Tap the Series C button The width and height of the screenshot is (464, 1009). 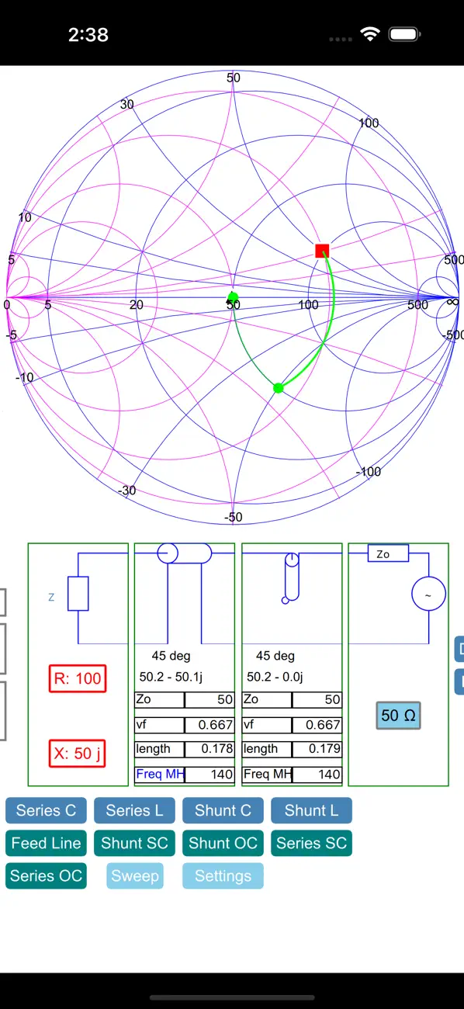click(x=46, y=810)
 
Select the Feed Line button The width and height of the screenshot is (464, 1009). click(x=46, y=843)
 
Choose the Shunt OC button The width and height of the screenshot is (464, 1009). click(x=223, y=843)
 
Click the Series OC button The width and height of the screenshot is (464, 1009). click(x=46, y=876)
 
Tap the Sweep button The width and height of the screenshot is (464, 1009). click(x=135, y=876)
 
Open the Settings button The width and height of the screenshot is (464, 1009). click(x=223, y=876)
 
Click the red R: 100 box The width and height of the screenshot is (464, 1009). click(x=78, y=678)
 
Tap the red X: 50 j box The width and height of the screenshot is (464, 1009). click(x=77, y=753)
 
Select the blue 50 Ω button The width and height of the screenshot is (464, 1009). click(x=398, y=716)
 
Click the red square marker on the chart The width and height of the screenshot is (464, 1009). click(x=322, y=251)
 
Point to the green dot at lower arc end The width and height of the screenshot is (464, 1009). click(x=279, y=388)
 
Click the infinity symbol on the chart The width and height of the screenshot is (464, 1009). click(x=452, y=302)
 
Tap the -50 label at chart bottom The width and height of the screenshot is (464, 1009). click(x=234, y=517)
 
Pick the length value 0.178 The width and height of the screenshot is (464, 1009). click(x=216, y=749)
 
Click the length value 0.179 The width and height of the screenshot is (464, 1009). click(x=324, y=749)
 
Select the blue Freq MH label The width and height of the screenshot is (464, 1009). click(x=161, y=774)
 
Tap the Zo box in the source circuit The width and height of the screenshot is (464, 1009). click(x=388, y=553)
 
